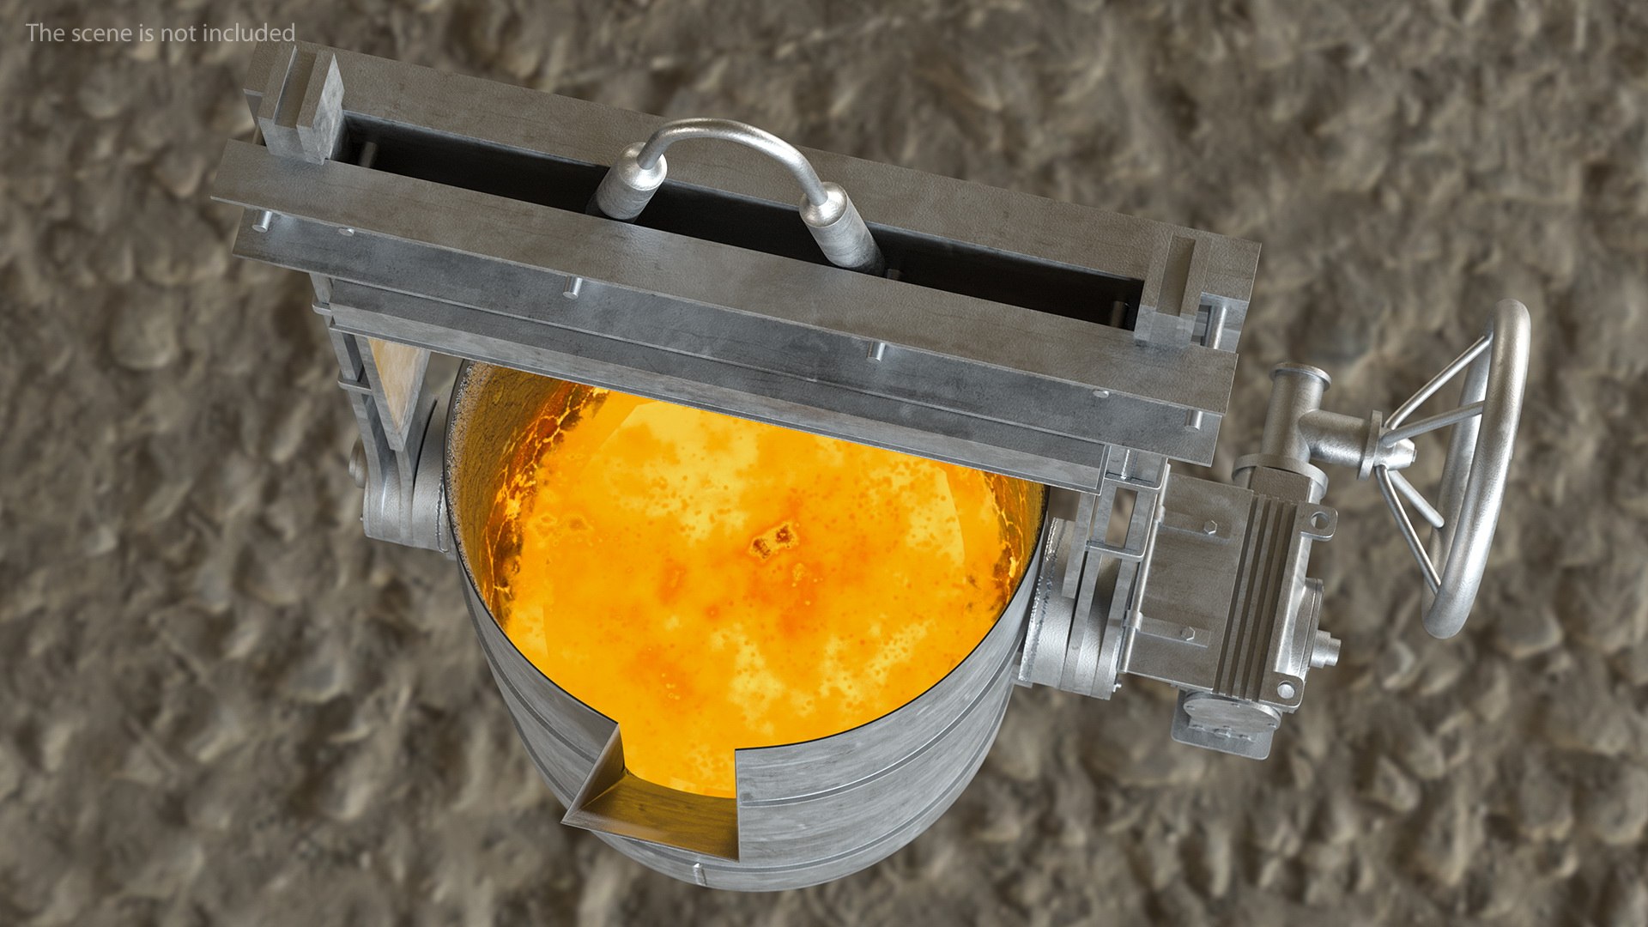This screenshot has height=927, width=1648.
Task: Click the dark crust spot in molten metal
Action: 772,541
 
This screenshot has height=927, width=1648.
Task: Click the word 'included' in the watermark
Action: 249,33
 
